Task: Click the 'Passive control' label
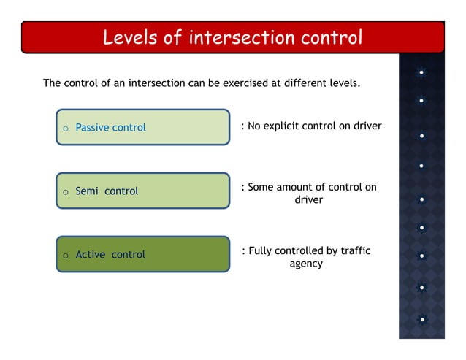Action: click(110, 128)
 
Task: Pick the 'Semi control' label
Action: click(107, 191)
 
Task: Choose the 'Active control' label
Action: click(110, 255)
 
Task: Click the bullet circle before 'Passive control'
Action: click(65, 129)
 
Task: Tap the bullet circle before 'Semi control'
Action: click(65, 192)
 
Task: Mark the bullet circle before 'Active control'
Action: click(65, 256)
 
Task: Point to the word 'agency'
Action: click(306, 264)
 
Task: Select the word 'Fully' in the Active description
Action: click(262, 251)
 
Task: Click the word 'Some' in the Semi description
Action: click(261, 188)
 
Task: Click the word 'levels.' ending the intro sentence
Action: click(343, 83)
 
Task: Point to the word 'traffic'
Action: click(353, 251)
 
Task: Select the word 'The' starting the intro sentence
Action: click(52, 83)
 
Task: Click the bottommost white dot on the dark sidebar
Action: click(422, 319)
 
